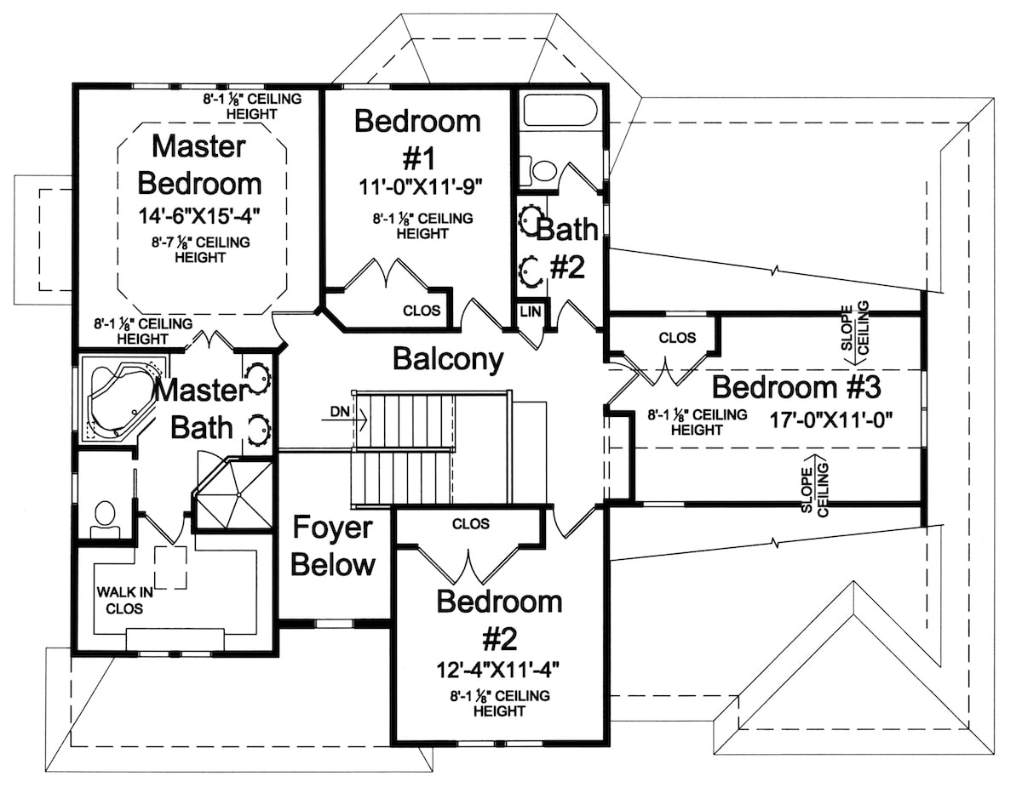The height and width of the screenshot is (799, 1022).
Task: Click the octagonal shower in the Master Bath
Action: tap(233, 493)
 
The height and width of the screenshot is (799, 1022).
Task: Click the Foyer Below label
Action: tap(333, 546)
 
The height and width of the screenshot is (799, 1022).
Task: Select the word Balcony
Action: tap(448, 359)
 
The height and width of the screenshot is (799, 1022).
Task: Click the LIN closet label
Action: tap(528, 312)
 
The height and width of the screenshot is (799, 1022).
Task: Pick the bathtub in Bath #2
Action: tap(560, 111)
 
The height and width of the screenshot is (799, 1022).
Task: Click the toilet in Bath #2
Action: tap(542, 169)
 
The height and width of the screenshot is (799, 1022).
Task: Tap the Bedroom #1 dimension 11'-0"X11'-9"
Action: tap(417, 184)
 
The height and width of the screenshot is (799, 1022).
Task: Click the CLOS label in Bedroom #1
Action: tap(422, 311)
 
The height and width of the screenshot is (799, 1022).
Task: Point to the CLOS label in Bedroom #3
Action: tap(677, 338)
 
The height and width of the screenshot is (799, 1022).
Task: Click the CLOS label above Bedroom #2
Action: tap(471, 523)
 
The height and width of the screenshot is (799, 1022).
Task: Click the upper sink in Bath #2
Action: tap(531, 216)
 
